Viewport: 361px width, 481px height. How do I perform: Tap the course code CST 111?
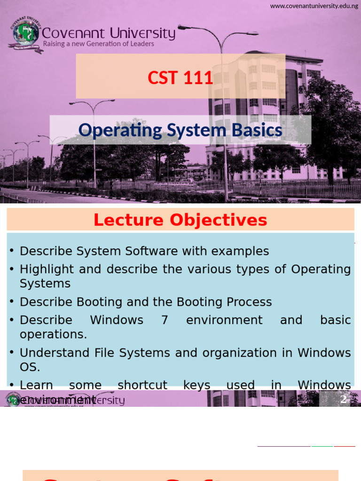click(x=180, y=78)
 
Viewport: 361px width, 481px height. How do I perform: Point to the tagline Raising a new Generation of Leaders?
click(x=98, y=44)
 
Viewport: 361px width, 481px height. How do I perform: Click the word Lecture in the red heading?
click(x=129, y=220)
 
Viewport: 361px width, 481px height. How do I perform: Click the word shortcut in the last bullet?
click(x=142, y=385)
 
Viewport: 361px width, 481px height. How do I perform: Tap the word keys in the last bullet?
click(x=196, y=385)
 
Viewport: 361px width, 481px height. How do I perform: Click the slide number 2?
click(x=343, y=399)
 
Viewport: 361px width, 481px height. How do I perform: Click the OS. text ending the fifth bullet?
click(x=29, y=366)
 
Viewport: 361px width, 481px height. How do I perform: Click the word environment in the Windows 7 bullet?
click(x=224, y=320)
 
